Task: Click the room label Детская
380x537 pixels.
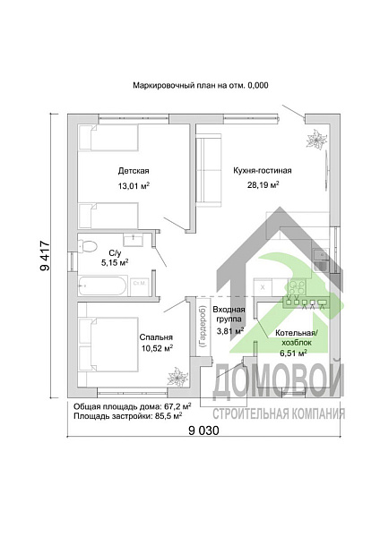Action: (x=134, y=171)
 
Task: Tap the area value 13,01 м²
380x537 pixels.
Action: (x=134, y=186)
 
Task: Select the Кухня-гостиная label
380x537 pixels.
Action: (x=263, y=171)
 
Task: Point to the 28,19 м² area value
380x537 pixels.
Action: (x=263, y=185)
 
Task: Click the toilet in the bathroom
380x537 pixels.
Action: (x=88, y=246)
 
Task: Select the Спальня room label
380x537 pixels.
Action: (x=156, y=337)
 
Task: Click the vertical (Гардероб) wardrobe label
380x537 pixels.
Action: (x=202, y=327)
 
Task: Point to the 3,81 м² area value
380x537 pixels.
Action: (x=230, y=331)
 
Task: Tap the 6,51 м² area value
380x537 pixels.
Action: (x=293, y=354)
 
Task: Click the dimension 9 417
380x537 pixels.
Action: (x=45, y=256)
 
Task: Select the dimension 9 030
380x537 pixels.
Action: (x=203, y=430)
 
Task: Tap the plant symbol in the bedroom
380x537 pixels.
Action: (x=177, y=377)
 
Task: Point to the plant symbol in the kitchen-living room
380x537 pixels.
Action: (x=316, y=139)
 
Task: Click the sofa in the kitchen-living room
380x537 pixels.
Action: (x=209, y=171)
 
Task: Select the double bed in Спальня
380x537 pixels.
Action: (x=108, y=344)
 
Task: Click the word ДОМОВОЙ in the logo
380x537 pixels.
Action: (x=279, y=380)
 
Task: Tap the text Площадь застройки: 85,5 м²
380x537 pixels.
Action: (x=127, y=416)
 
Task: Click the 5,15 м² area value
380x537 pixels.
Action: (x=115, y=262)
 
